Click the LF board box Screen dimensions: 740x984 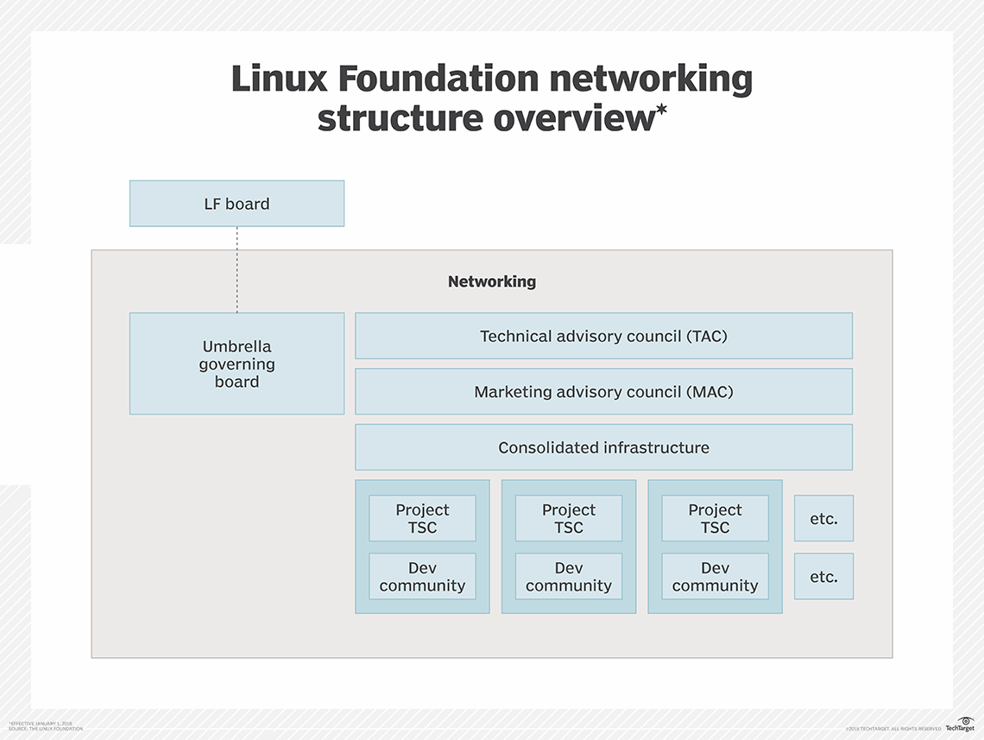coord(237,204)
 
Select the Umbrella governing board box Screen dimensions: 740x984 coord(237,364)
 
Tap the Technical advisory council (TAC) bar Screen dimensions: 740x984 coord(603,336)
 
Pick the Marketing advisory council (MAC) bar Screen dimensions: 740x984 coord(603,392)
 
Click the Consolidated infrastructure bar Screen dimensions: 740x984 coord(603,447)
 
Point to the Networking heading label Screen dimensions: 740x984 coord(491,281)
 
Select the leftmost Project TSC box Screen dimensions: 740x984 coord(422,518)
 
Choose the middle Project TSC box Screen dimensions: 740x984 coord(568,518)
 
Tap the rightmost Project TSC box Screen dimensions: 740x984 coord(715,518)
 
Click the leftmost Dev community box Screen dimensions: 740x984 coord(422,577)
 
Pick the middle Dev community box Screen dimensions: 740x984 coord(568,577)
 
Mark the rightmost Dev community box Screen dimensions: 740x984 coord(715,577)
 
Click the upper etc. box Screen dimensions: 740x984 coord(823,518)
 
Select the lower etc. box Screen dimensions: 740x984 coord(823,577)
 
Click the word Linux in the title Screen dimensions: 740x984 coord(279,79)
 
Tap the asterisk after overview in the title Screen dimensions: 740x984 coord(662,110)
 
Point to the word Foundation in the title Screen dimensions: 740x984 coord(439,79)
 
